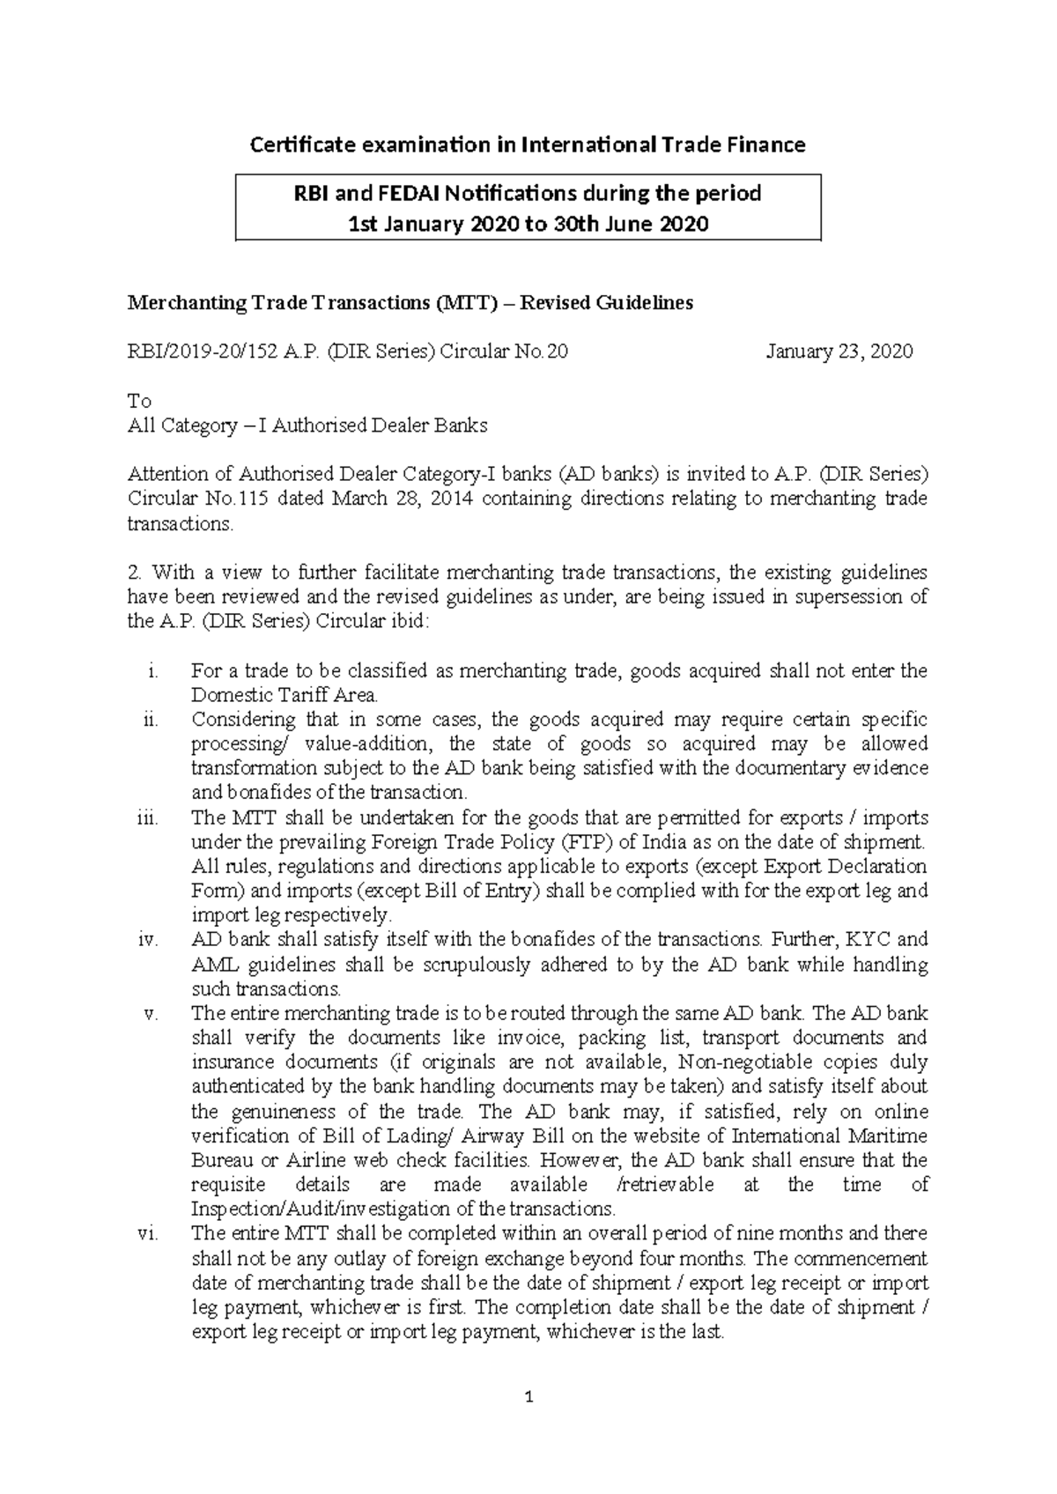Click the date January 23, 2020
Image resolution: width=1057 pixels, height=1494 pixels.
tap(839, 352)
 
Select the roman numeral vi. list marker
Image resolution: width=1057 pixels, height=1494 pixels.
tap(147, 1233)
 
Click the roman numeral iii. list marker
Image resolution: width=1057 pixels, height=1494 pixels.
tap(147, 818)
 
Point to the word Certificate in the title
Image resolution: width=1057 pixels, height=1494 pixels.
tap(298, 144)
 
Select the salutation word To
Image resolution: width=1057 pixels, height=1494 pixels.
tap(139, 402)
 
